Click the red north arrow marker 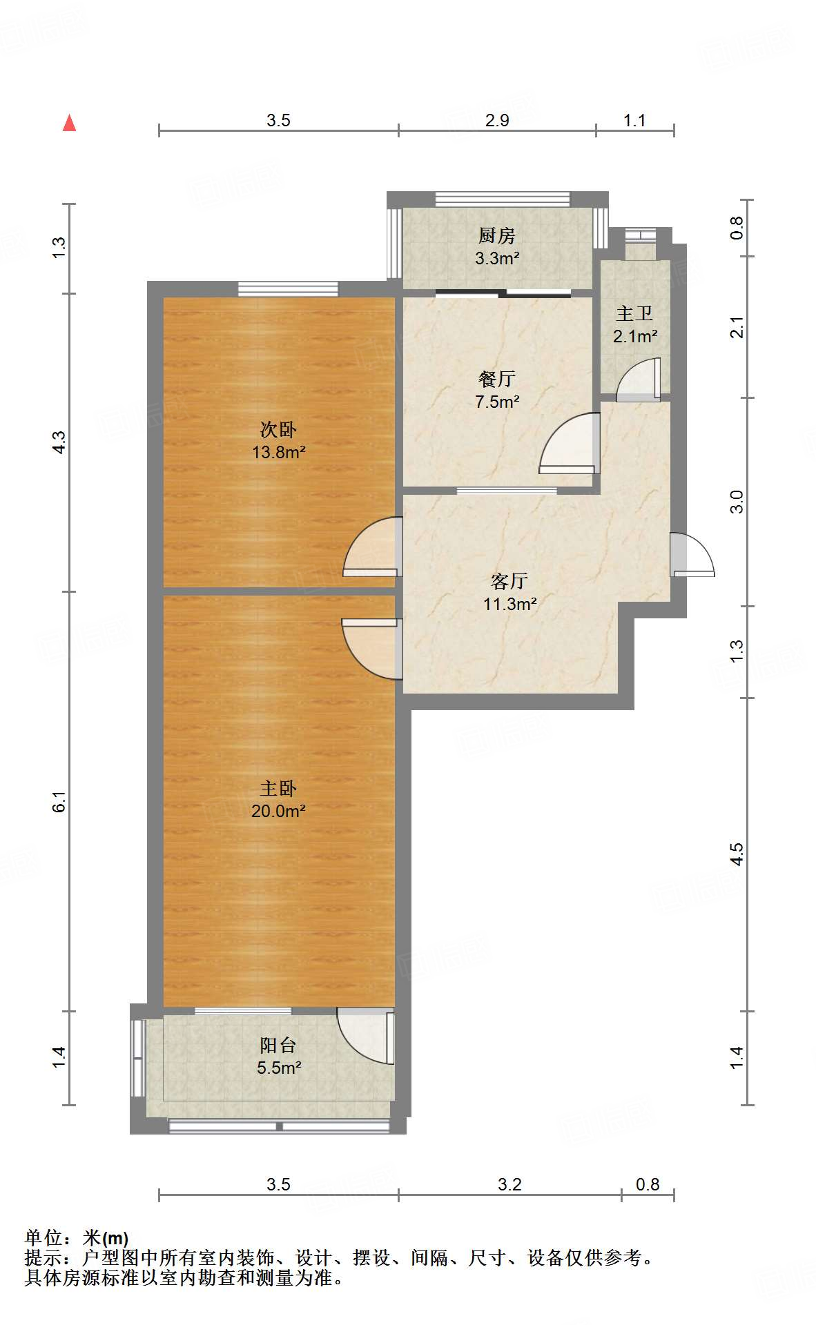69,123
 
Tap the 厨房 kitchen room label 496,236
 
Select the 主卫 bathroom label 634,314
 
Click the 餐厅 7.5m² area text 496,401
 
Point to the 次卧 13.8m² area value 278,453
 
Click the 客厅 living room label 509,581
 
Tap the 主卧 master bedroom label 278,788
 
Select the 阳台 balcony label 278,1045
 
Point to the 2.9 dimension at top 496,121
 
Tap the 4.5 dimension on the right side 737,854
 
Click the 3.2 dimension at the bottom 509,1184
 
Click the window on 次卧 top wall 289,288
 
